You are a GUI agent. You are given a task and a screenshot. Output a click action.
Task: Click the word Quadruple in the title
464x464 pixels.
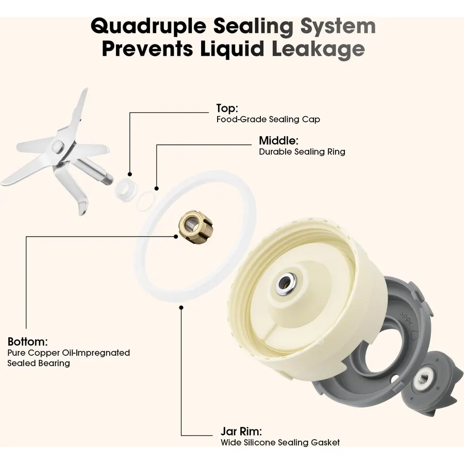pos(148,26)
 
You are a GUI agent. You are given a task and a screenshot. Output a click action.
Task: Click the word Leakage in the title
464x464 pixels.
pos(318,49)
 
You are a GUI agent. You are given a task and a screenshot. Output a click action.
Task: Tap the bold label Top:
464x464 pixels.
pos(227,108)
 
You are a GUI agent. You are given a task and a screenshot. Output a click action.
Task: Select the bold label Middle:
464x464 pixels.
pos(278,141)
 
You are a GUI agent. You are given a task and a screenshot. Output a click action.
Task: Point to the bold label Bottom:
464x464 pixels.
pos(27,342)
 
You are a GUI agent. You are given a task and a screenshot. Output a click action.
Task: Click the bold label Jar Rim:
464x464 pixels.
pos(241,432)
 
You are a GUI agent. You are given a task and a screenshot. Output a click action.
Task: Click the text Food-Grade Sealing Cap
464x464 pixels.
pos(268,120)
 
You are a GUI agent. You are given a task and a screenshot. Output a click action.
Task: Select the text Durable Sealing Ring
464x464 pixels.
pos(302,152)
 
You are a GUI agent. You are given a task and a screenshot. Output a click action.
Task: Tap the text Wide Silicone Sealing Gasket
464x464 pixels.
pos(280,443)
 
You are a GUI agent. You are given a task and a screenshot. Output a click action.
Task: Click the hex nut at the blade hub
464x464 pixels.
pos(57,146)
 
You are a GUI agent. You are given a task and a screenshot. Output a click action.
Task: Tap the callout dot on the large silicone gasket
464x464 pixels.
pos(181,308)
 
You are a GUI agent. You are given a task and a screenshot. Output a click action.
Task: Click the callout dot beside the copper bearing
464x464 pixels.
pos(176,237)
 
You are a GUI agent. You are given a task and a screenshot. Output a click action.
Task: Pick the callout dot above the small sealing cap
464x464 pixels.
pos(129,175)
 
